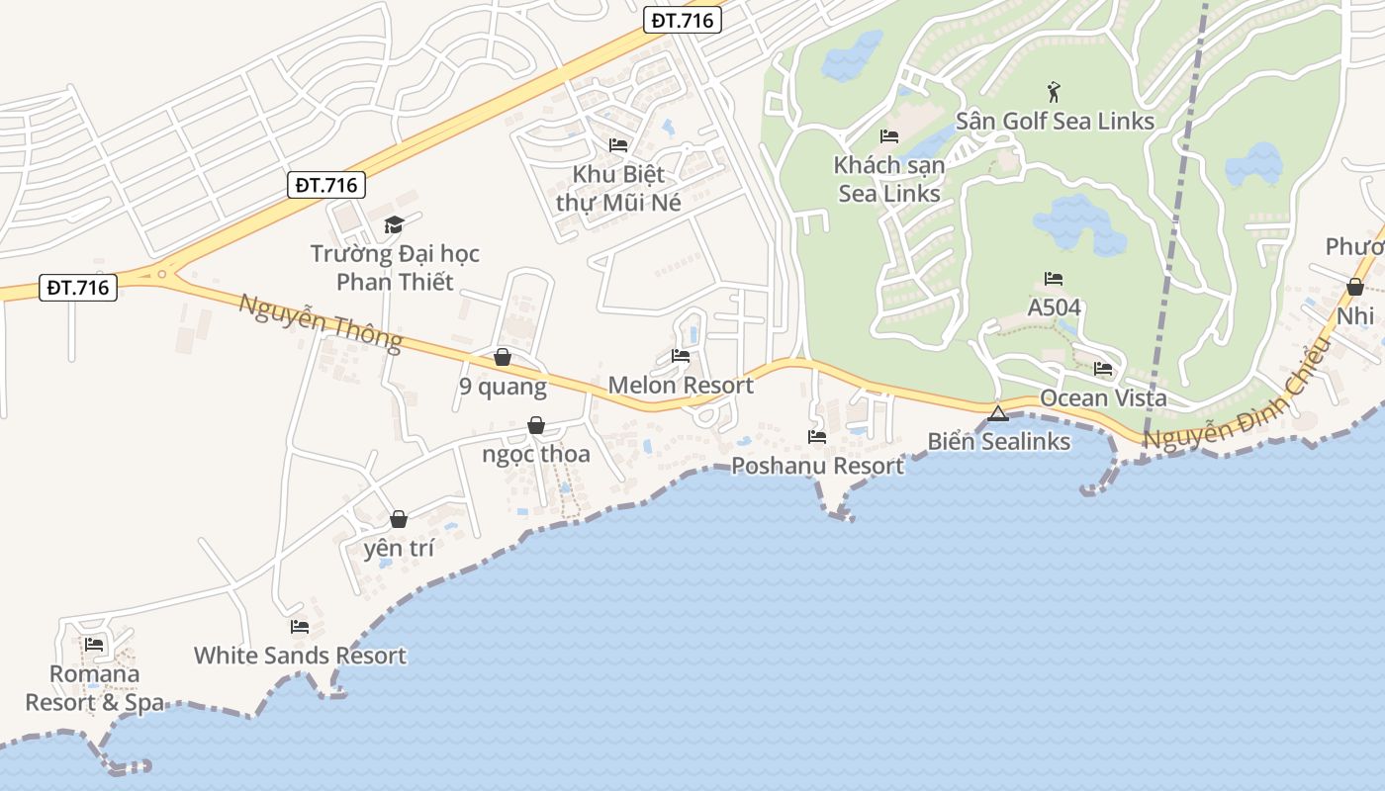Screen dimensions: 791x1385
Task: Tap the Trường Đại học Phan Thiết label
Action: click(395, 268)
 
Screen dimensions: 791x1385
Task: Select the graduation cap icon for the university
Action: click(395, 225)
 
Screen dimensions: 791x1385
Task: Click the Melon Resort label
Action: click(681, 385)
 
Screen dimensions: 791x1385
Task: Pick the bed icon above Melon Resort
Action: click(681, 356)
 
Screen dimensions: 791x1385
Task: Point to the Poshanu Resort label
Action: click(817, 466)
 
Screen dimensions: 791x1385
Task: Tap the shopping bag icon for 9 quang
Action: click(503, 357)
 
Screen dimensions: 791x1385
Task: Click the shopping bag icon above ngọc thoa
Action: click(536, 425)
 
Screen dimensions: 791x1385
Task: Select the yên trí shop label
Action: click(399, 549)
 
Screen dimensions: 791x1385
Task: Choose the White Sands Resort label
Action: click(300, 656)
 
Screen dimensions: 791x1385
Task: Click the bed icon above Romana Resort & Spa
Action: click(95, 645)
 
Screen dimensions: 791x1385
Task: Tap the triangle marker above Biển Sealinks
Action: click(997, 413)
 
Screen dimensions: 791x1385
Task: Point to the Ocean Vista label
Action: click(1103, 398)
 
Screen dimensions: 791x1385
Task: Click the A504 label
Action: click(1054, 308)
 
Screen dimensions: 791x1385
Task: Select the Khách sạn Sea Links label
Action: click(889, 179)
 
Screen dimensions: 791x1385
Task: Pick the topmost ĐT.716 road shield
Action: click(683, 20)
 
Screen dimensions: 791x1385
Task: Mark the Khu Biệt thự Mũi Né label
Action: click(618, 188)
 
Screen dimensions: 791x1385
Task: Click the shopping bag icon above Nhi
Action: click(1355, 288)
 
